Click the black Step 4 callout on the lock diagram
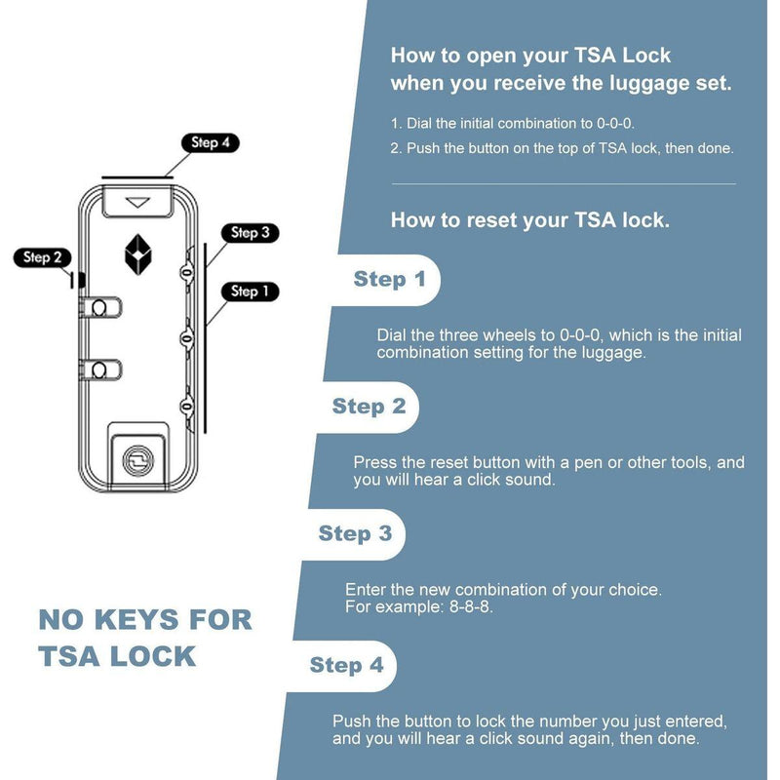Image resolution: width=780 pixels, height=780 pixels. point(210,142)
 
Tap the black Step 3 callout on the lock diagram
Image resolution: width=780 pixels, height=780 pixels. point(251,233)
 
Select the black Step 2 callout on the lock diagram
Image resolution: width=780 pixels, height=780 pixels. point(42,257)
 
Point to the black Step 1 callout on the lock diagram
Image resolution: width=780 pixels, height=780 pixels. point(251,291)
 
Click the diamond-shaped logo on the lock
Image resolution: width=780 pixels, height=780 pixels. point(138,253)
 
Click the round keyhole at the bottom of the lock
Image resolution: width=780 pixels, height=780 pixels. point(136,457)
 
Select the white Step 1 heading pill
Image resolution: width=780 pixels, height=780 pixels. point(389,280)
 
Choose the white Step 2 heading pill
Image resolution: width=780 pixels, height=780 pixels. point(369,407)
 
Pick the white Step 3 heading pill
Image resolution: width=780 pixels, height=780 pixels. point(355,533)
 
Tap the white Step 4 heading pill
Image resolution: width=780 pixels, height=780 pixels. point(346,666)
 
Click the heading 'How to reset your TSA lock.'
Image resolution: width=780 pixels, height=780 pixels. point(529,220)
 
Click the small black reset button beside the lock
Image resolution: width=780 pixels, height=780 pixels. point(82,280)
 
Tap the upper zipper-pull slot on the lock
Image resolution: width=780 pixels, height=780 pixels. point(99,309)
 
